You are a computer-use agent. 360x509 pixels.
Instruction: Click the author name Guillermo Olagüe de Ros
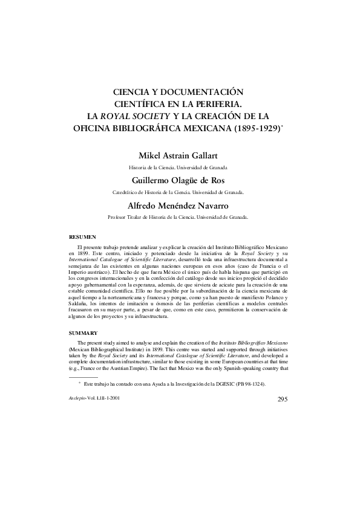(179, 180)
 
